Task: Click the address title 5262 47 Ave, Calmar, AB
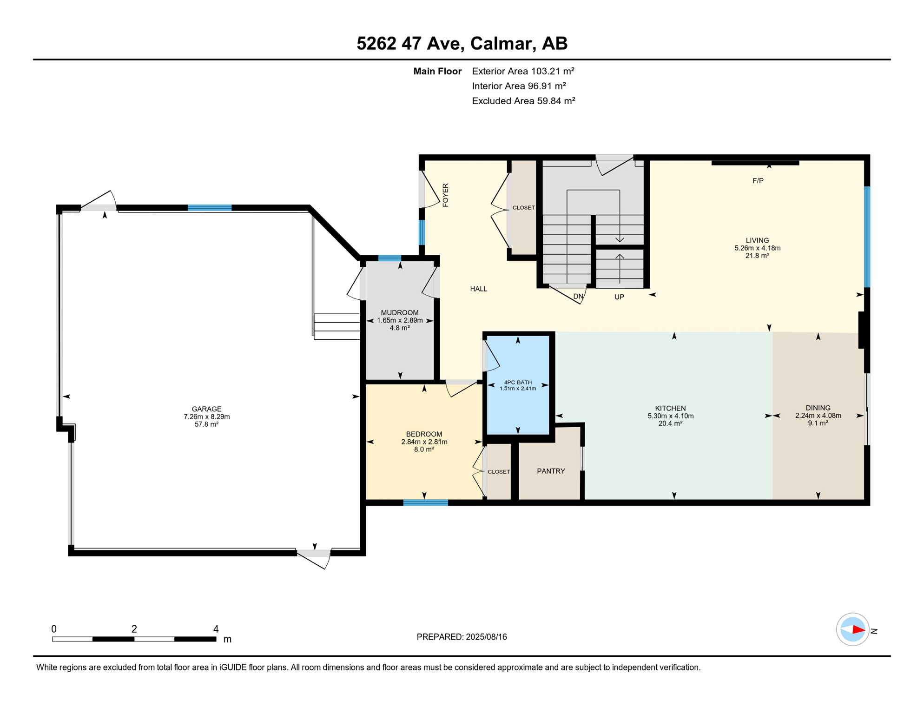[x=462, y=43]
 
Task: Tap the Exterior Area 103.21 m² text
[x=523, y=71]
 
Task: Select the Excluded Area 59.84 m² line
[x=523, y=101]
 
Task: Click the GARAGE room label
[x=206, y=409]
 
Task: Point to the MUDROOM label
[x=400, y=313]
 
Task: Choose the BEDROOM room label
[x=424, y=434]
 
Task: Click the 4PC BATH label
[x=518, y=383]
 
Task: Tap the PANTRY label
[x=551, y=471]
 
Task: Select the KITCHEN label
[x=670, y=408]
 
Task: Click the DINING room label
[x=818, y=408]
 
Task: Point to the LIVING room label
[x=757, y=240]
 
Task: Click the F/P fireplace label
[x=758, y=180]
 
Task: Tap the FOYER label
[x=445, y=195]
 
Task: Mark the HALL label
[x=478, y=289]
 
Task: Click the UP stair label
[x=619, y=297]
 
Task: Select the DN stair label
[x=578, y=296]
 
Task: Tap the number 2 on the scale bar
[x=134, y=629]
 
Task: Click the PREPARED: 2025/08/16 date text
[x=462, y=637]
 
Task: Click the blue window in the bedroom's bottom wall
[x=425, y=502]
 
